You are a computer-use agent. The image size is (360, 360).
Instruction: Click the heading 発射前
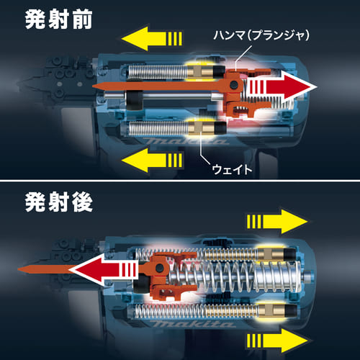coord(58,19)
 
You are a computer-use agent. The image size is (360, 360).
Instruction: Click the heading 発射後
coord(58,202)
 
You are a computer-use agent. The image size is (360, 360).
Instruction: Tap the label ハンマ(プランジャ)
coord(261,35)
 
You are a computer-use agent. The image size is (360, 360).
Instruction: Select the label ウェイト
coord(232,169)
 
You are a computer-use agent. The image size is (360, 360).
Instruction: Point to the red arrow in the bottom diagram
coord(104,269)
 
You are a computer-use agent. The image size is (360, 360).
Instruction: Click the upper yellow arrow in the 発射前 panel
coord(152,38)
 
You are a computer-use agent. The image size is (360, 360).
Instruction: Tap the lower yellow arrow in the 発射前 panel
coord(152,161)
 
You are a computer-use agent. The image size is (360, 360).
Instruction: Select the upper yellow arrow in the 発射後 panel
coord(277,221)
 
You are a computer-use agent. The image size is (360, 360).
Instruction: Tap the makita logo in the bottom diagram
coord(192,324)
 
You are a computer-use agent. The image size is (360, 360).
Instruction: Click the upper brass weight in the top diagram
coord(200,71)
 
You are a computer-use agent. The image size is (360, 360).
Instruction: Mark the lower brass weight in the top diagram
coord(202,128)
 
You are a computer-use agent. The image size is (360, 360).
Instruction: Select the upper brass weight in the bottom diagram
coord(271,254)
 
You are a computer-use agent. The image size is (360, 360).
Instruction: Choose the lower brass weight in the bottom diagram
coord(271,310)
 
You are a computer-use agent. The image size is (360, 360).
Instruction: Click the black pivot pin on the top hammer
coord(233,84)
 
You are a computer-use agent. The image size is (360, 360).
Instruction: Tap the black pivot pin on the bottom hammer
coord(159,268)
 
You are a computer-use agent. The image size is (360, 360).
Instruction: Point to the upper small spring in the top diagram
coord(158,72)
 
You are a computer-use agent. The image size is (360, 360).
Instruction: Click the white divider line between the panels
coord(180,180)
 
